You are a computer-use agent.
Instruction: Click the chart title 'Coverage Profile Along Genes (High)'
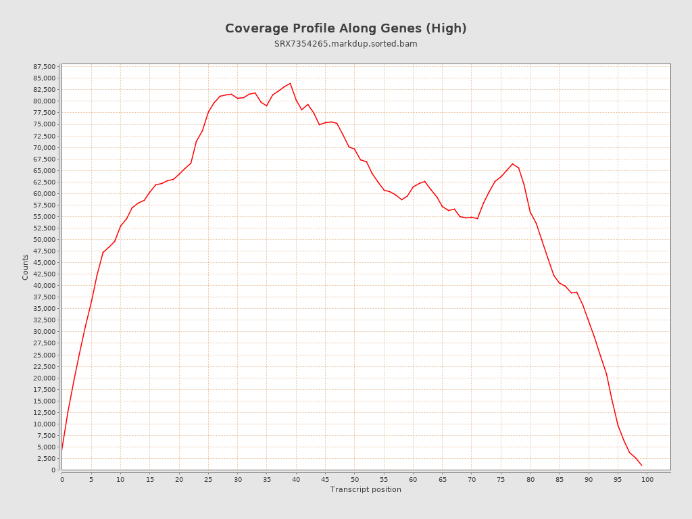coord(345,28)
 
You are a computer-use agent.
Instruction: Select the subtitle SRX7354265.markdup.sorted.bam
coord(345,44)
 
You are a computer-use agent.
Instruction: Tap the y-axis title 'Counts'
coord(26,267)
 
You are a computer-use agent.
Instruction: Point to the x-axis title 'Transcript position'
coord(366,489)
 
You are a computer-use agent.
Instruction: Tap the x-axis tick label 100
coord(647,480)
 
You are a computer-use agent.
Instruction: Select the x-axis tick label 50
coord(355,480)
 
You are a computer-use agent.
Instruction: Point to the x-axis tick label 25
coord(208,480)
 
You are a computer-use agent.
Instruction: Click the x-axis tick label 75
coord(501,480)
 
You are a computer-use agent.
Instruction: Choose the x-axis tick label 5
coord(91,480)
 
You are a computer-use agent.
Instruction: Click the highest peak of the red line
coord(290,83)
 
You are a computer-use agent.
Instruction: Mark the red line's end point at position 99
coord(641,465)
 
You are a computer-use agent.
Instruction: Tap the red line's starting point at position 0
coord(62,447)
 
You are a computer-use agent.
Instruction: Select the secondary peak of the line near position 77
coord(512,164)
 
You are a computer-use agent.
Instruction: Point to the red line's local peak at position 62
coord(424,181)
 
